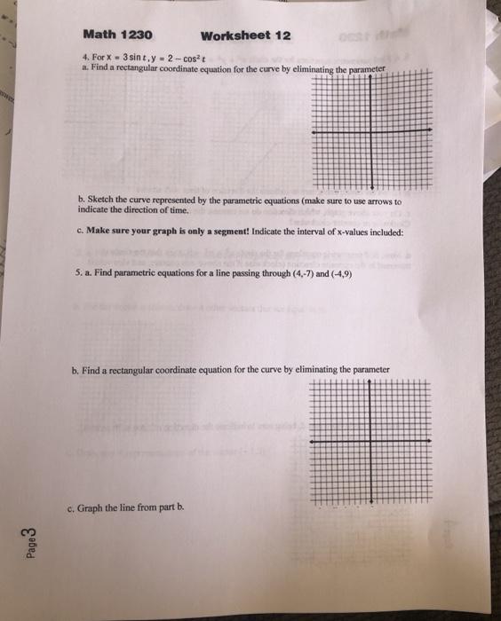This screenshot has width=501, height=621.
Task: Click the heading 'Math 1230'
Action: point(117,35)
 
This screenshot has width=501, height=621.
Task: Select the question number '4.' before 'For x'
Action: point(83,55)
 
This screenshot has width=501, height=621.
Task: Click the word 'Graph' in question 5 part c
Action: point(92,508)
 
